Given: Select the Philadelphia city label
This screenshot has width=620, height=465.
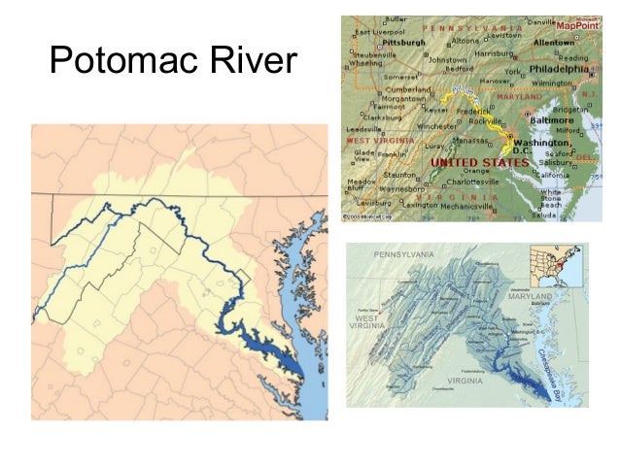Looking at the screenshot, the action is (557, 70).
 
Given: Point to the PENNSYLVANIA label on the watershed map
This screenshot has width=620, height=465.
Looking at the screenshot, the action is (406, 254).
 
